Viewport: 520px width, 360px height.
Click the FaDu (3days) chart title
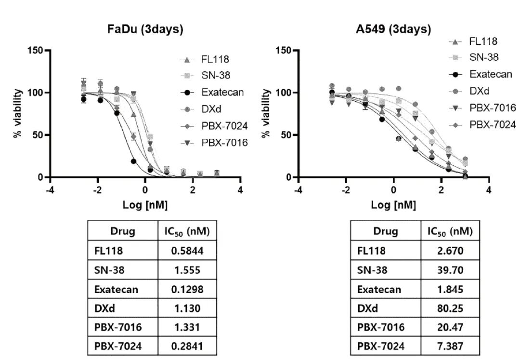click(145, 29)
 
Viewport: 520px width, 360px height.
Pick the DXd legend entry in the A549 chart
click(479, 91)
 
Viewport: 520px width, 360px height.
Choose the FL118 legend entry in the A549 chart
click(483, 41)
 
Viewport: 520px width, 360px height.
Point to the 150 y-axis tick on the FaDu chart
click(36, 51)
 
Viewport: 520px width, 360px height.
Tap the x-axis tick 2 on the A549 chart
click(442, 189)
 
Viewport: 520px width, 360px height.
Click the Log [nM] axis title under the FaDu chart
click(145, 205)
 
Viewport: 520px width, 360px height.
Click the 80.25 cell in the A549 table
click(451, 308)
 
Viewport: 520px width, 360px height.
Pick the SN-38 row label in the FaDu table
click(109, 270)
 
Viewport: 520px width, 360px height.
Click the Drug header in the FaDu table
click(123, 231)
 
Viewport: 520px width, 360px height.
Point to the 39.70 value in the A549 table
click(451, 270)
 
